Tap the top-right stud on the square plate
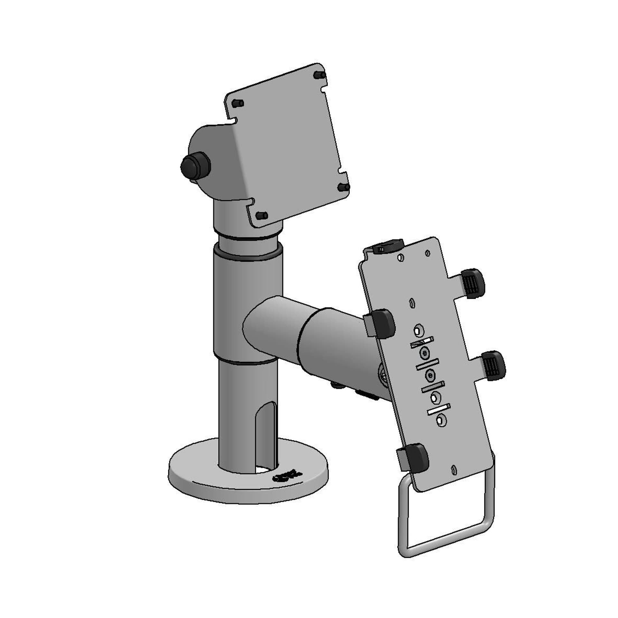pos(320,76)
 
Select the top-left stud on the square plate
pos(239,104)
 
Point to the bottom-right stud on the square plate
pos(343,187)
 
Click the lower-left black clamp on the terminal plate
pos(416,457)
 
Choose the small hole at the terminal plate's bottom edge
pos(454,470)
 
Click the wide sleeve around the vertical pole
pos(248,306)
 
